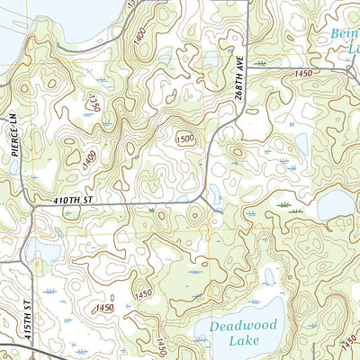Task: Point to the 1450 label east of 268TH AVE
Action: tap(301, 72)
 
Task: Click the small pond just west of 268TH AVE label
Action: tap(212, 59)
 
